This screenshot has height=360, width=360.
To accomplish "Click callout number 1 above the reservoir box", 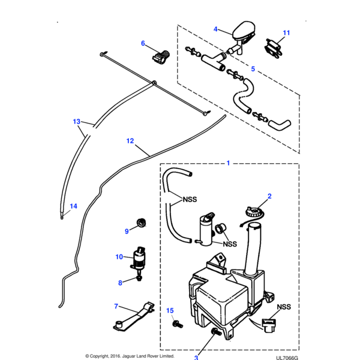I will click(228, 162).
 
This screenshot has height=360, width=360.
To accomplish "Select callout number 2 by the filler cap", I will click(269, 196).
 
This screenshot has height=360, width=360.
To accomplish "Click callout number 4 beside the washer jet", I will click(216, 28).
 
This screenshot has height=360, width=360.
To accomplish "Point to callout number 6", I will click(143, 43).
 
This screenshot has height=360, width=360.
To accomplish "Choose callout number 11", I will click(286, 32).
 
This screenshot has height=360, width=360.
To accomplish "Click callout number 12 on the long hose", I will click(130, 142).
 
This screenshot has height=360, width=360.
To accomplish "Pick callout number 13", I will click(76, 121).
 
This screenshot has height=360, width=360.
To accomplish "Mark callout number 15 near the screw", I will click(170, 311).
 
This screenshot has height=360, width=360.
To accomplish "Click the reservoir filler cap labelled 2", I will click(251, 211).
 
